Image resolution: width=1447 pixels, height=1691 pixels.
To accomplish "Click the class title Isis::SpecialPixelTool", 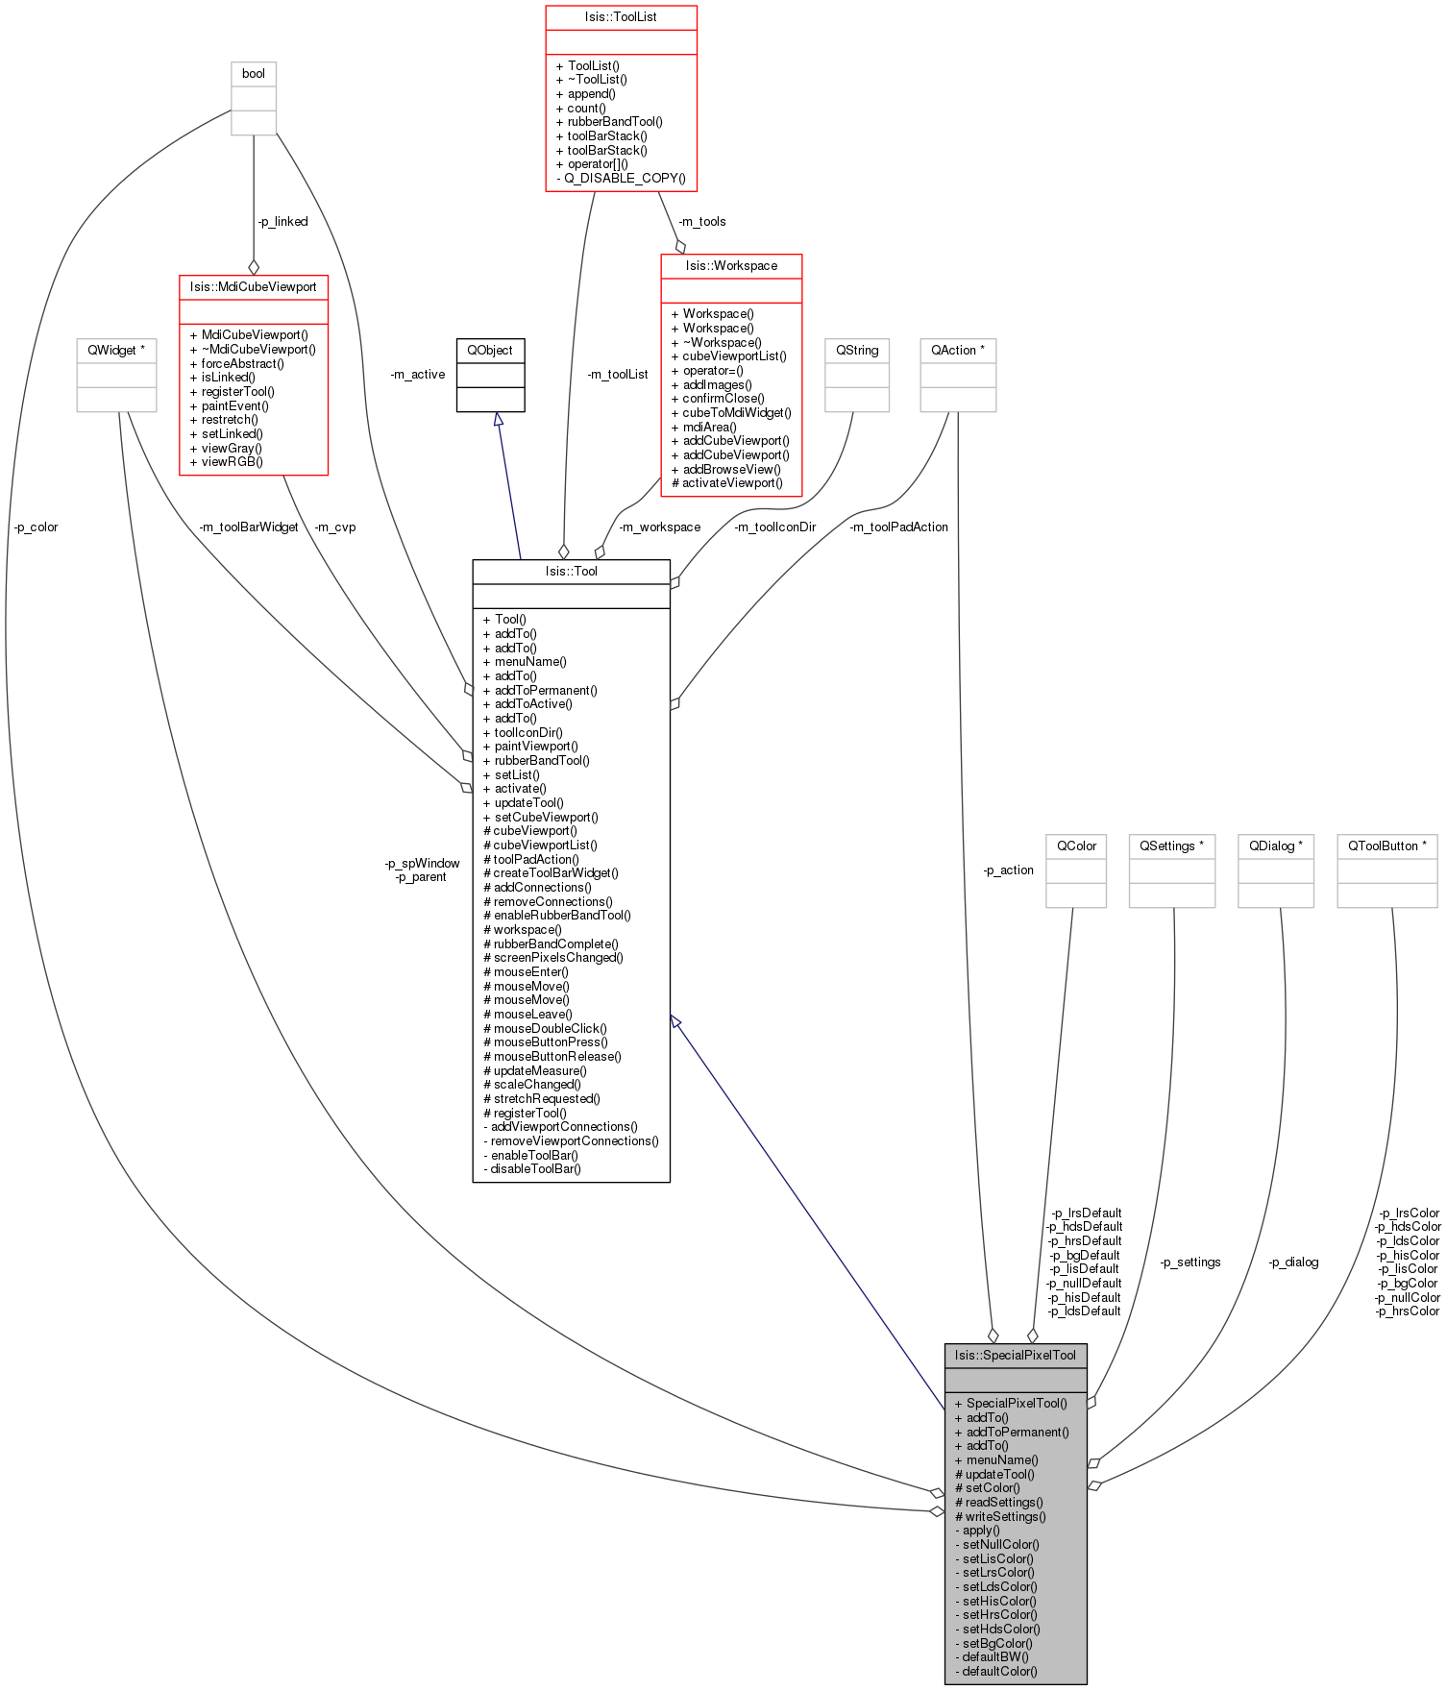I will point(1016,1356).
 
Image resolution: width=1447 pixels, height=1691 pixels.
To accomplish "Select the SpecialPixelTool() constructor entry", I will point(1017,1404).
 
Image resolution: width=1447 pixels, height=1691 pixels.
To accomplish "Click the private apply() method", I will point(981,1531).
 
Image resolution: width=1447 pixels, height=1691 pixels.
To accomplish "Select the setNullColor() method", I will point(1000,1545).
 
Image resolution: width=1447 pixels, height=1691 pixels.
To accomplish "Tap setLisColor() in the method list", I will point(998,1559).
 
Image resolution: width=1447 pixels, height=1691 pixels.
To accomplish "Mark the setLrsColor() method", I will point(998,1573).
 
